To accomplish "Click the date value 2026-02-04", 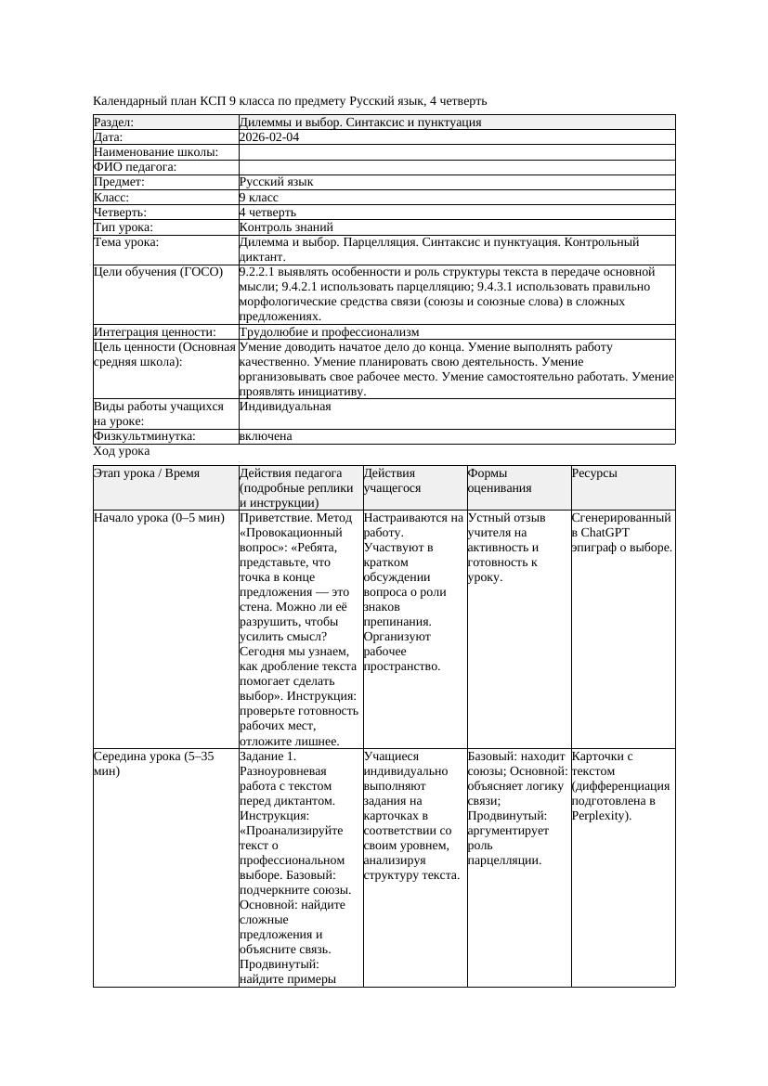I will tap(269, 137).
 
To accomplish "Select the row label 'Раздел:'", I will tap(114, 123).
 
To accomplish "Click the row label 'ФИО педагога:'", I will tap(136, 167).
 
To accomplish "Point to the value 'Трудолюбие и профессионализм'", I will tap(329, 331).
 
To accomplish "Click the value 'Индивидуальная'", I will tap(285, 407).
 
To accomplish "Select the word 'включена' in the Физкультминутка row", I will tap(266, 436).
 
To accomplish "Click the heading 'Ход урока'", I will tap(122, 451).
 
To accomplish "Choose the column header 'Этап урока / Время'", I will tap(147, 473).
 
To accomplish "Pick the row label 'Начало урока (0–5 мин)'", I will tap(159, 518).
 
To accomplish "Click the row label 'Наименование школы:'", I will tap(156, 152).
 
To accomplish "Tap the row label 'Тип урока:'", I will tap(124, 226).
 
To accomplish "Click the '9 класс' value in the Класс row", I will tap(259, 197).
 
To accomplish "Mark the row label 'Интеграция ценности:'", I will tap(154, 331).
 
